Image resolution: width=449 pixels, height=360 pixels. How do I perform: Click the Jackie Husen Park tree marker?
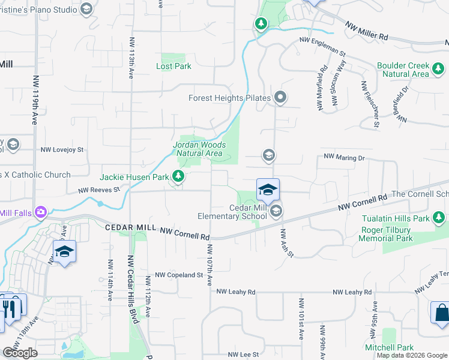[x=178, y=176]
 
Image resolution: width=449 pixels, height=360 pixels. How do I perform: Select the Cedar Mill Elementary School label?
[x=232, y=211]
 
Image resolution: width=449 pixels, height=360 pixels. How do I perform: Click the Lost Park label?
[x=173, y=66]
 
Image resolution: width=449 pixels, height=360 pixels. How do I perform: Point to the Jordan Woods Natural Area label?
[x=199, y=149]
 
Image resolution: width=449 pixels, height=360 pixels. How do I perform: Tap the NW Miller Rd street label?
[x=367, y=30]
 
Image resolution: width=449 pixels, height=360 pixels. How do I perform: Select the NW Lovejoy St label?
[x=62, y=149]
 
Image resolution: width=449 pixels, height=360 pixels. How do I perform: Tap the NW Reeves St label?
[x=100, y=190]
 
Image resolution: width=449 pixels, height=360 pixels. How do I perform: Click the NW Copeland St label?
[x=179, y=275]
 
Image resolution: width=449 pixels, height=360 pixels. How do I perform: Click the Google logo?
[x=20, y=353]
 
